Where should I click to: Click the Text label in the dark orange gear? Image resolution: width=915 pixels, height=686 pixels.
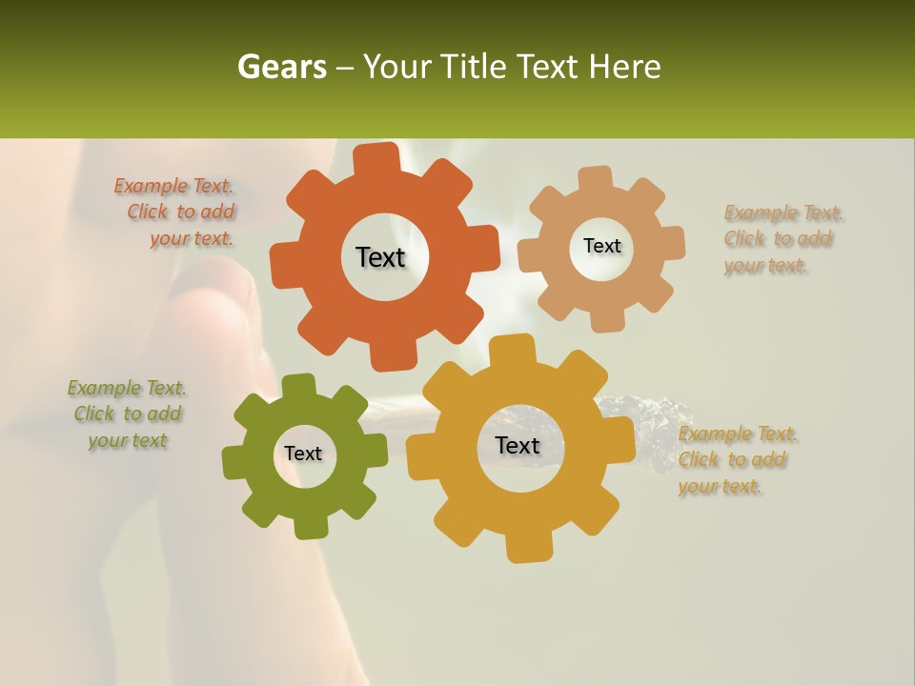pos(380,257)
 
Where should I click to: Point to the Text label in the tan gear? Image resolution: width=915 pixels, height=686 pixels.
pos(601,246)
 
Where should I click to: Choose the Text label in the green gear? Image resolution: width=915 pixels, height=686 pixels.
pos(303,454)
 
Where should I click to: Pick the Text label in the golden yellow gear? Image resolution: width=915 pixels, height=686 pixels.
pos(518,446)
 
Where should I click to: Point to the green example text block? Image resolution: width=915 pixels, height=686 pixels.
pos(127,414)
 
